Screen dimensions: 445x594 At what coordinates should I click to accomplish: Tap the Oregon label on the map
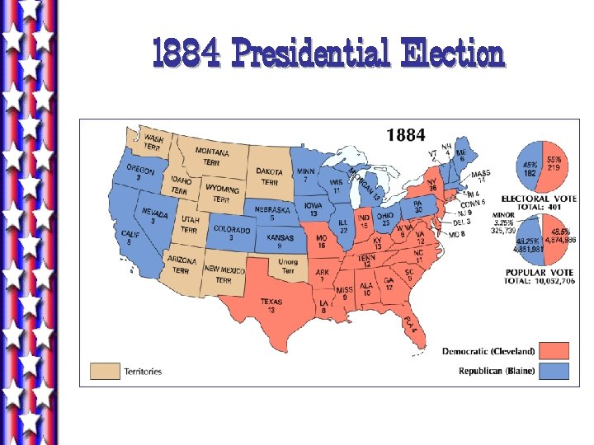tap(140, 171)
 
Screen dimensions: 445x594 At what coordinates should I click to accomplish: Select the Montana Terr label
tap(212, 157)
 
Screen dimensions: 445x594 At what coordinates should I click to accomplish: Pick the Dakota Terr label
tap(271, 176)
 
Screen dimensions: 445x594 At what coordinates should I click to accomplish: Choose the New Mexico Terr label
tap(224, 274)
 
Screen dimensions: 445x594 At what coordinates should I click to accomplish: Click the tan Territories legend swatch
tap(105, 371)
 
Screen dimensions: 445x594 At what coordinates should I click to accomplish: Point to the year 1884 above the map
tap(406, 133)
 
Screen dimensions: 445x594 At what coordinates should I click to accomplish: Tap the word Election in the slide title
tap(451, 55)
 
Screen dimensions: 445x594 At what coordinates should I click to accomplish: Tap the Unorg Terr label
tap(288, 266)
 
